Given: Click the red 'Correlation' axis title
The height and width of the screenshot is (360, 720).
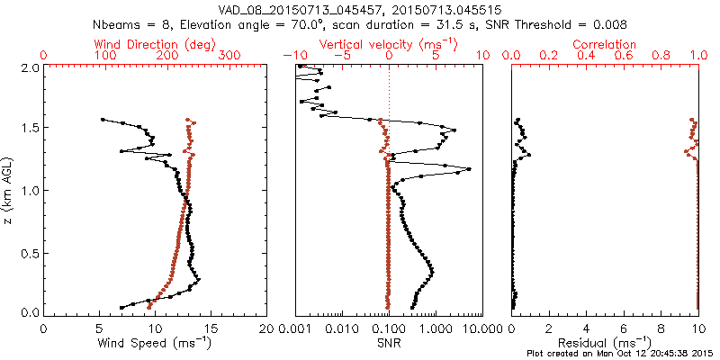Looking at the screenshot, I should [x=605, y=44].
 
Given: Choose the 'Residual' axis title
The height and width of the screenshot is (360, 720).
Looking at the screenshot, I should [x=606, y=343].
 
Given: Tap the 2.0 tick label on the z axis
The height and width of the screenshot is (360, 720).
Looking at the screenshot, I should [x=29, y=67].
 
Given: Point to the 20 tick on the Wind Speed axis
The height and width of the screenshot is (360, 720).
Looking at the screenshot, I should [x=266, y=328].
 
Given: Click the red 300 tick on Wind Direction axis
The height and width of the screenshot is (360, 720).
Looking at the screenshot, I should [x=229, y=56].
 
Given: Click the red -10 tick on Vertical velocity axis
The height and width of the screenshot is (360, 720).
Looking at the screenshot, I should [x=293, y=56].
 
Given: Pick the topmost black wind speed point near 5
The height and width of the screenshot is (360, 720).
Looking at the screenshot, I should [x=103, y=119].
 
